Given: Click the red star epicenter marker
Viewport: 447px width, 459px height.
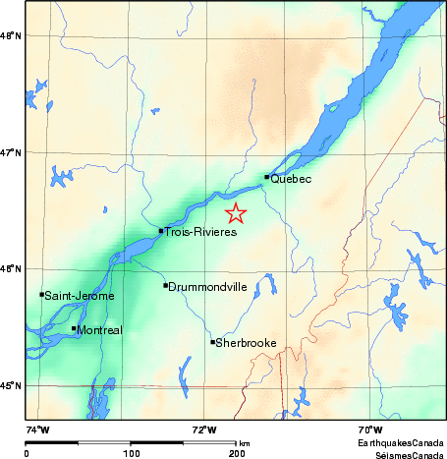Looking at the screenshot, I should click(x=236, y=213).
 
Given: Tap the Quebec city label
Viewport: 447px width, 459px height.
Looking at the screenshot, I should click(x=291, y=179).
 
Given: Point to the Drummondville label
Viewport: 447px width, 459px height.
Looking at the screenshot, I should click(x=206, y=287).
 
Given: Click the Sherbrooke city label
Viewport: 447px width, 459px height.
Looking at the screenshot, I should click(x=246, y=343).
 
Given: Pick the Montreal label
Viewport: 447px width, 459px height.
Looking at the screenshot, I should click(x=99, y=330).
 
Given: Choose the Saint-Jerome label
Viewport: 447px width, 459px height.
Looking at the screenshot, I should click(x=80, y=296).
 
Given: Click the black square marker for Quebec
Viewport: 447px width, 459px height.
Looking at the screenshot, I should click(x=266, y=177).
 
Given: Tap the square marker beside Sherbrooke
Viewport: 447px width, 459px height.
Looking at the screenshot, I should click(x=212, y=342).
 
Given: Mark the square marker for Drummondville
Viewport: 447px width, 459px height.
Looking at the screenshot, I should click(x=165, y=285).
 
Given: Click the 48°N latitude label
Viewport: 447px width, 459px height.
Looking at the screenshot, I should click(x=10, y=36).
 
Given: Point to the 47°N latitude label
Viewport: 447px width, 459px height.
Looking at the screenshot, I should click(x=10, y=152).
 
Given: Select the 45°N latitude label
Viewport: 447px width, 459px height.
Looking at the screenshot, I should click(x=10, y=385).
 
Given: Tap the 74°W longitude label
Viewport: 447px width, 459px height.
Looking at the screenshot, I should click(x=36, y=430).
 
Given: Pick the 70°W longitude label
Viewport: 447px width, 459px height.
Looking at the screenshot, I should click(x=369, y=430).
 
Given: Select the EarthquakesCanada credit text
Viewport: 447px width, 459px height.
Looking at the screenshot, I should click(x=402, y=444).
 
